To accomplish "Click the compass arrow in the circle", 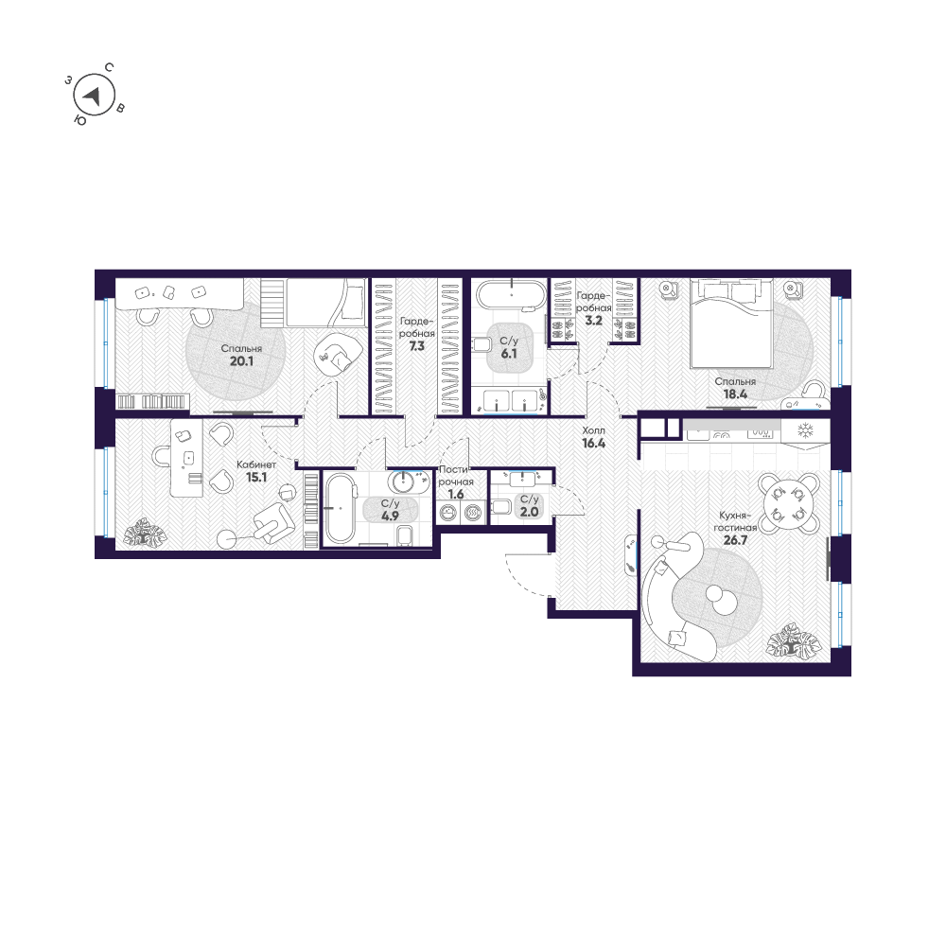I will [94, 95].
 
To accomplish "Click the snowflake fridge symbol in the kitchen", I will [806, 430].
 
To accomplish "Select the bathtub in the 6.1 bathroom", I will [511, 294].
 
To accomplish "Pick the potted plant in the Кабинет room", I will [144, 533].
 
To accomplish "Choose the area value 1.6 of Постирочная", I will [456, 494].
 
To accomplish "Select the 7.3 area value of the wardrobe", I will [417, 346].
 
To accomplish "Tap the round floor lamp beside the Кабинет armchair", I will [227, 539].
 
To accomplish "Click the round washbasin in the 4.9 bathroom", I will [406, 482].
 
